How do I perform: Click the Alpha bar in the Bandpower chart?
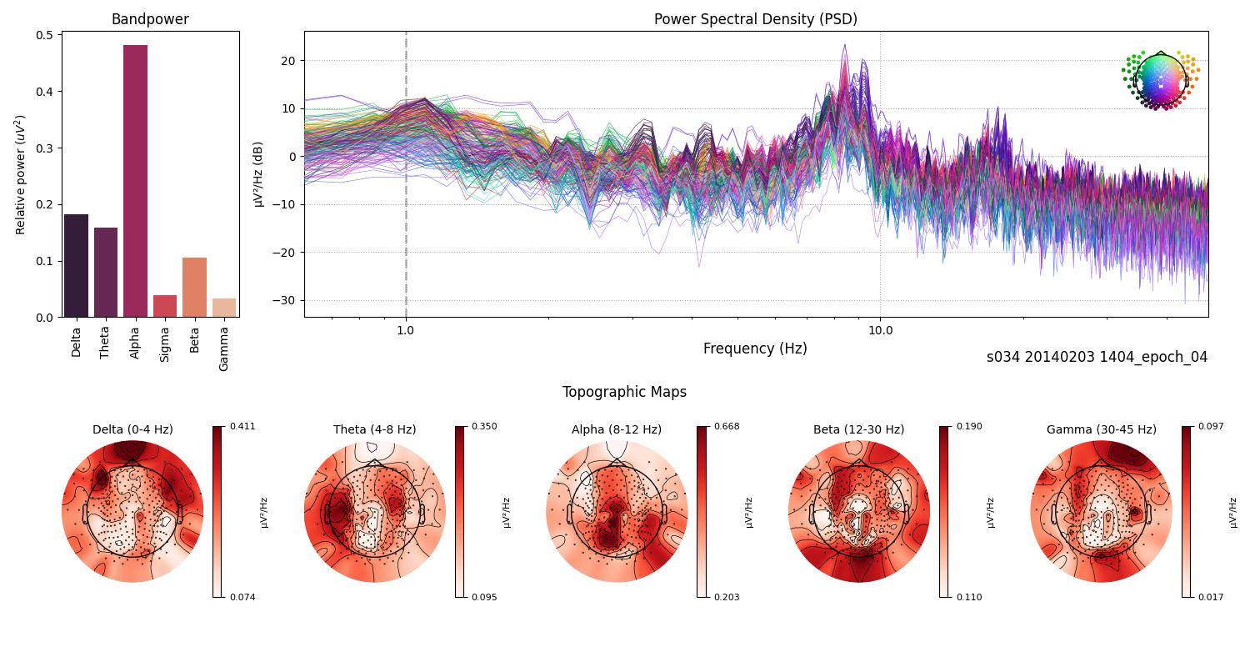135,181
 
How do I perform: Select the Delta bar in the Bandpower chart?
76,265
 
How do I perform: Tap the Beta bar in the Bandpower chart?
194,287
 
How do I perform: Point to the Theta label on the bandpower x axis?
105,341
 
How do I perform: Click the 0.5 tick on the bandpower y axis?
44,35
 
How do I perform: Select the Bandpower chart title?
150,19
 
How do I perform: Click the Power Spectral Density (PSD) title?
755,19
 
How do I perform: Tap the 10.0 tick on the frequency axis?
880,330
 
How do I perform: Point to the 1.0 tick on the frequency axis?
406,330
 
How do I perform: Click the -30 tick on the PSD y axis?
287,300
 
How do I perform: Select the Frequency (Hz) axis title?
755,349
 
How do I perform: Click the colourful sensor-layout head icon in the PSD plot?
1160,80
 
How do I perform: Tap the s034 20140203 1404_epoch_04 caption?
1097,357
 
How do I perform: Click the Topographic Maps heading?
624,392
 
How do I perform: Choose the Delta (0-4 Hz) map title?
132,429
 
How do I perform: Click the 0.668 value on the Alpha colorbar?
727,426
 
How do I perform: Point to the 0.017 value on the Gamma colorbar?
1212,597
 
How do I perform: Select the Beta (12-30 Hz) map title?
858,429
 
